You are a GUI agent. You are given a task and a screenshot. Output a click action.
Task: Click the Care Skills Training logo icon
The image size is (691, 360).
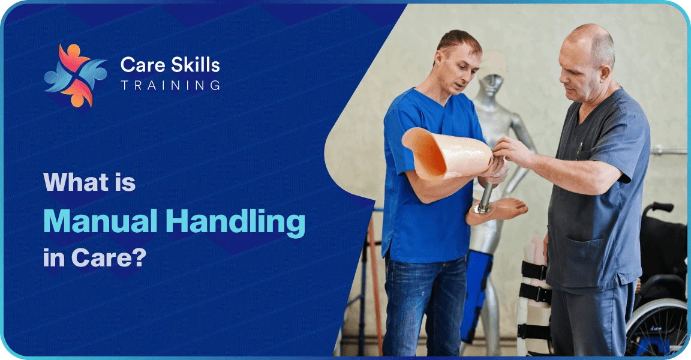coord(75,75)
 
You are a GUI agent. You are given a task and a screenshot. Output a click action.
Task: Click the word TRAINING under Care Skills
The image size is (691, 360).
coord(170,86)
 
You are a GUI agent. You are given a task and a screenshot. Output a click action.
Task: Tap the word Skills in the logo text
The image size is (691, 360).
coord(196,64)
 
